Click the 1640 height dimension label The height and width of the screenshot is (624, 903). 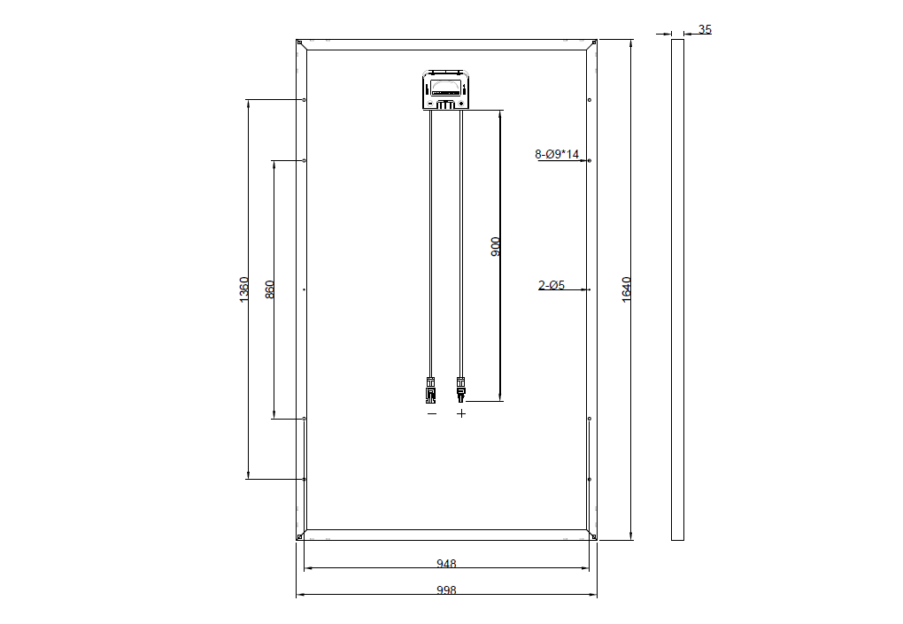pyautogui.click(x=627, y=289)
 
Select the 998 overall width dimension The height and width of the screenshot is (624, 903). pyautogui.click(x=446, y=590)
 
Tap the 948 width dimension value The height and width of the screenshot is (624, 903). pyautogui.click(x=446, y=564)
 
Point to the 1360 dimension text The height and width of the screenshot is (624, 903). pyautogui.click(x=244, y=289)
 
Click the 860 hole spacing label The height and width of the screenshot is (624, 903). pyautogui.click(x=269, y=289)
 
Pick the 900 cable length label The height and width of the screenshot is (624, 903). pyautogui.click(x=495, y=246)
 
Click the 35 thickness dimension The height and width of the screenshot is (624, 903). pyautogui.click(x=705, y=29)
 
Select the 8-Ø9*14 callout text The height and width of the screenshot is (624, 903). pyautogui.click(x=556, y=154)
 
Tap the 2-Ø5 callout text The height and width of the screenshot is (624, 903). pyautogui.click(x=552, y=285)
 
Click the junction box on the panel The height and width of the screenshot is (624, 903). pyautogui.click(x=445, y=89)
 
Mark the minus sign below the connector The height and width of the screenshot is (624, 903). pyautogui.click(x=432, y=413)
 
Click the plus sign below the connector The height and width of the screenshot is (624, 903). pyautogui.click(x=460, y=413)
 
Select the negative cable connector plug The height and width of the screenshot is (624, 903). pyautogui.click(x=431, y=389)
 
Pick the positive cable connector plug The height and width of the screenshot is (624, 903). pyautogui.click(x=460, y=389)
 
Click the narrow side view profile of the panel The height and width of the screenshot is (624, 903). pyautogui.click(x=677, y=289)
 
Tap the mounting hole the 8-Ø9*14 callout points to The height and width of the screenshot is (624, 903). pyautogui.click(x=589, y=160)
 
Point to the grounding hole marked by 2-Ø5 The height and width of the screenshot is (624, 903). pyautogui.click(x=589, y=289)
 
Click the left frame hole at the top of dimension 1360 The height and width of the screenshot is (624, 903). pyautogui.click(x=304, y=100)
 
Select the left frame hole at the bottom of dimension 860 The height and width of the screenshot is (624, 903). pyautogui.click(x=304, y=419)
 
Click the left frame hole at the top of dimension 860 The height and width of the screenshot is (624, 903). pyautogui.click(x=304, y=160)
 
